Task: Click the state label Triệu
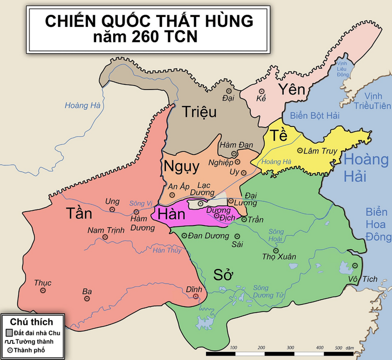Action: point(199,111)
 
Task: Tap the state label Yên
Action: point(291,90)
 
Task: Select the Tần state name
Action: point(80,213)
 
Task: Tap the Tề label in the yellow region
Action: point(279,136)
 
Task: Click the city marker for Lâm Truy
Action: point(300,150)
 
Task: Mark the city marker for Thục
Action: point(43,290)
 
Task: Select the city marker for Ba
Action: point(87,298)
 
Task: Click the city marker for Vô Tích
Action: point(355,265)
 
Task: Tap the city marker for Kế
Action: point(261,91)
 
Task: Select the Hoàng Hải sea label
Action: point(366,168)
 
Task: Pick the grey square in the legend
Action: point(9,332)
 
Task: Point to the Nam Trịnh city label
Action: point(106,230)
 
